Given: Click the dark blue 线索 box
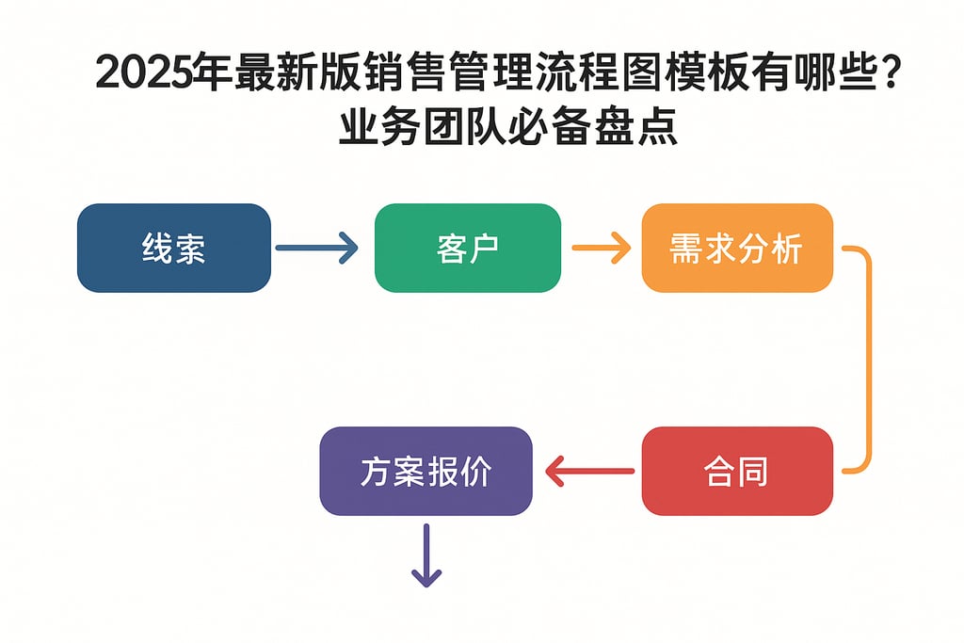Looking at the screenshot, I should (174, 248).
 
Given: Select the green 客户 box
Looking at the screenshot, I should (468, 248).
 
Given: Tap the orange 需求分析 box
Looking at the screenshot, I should (737, 248).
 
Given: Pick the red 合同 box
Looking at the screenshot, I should (737, 471).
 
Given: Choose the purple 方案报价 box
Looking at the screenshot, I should (426, 471).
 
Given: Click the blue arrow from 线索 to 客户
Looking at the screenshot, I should (316, 249).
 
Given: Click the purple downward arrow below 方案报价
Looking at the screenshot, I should (426, 555).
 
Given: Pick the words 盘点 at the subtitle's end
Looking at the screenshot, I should (635, 128).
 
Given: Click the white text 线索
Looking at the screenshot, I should (174, 249).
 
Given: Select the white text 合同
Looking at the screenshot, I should (737, 472).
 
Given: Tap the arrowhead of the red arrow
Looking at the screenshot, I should (554, 471).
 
